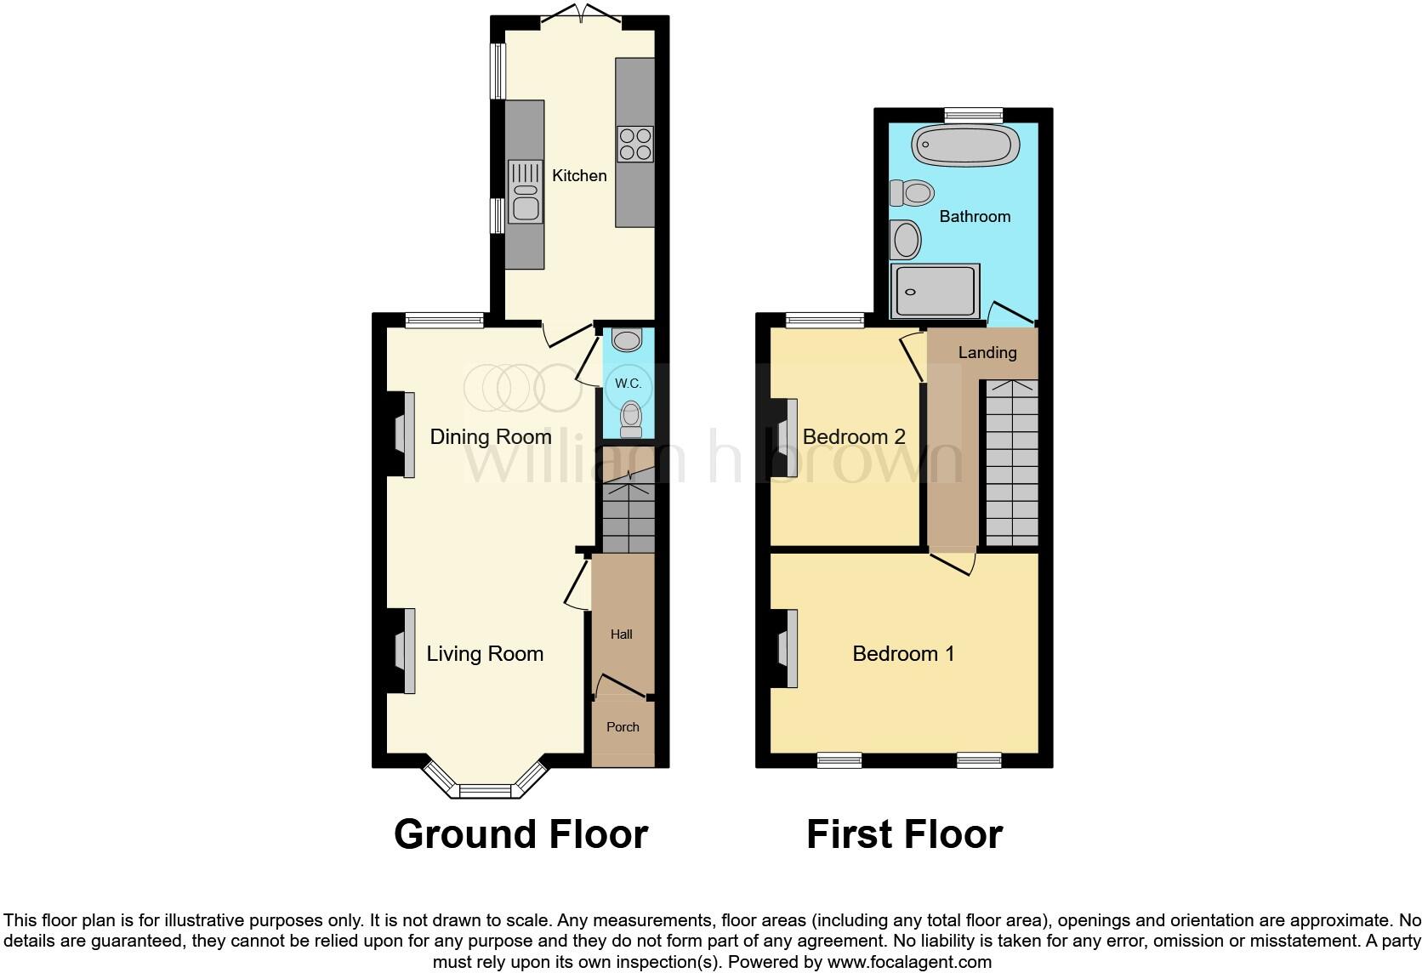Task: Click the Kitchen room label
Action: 579,176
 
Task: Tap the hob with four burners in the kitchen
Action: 635,143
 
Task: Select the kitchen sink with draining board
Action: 525,191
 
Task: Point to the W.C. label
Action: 628,384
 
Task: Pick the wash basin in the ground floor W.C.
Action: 628,340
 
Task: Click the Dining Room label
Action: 491,437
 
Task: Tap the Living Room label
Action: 485,654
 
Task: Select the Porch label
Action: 623,727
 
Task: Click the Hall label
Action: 622,634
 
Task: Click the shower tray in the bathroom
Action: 936,292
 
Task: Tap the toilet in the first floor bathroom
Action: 911,192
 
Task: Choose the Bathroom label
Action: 975,217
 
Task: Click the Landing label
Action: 987,353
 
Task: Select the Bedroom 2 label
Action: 854,437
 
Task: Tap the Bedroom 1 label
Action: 903,654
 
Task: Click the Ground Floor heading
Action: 520,834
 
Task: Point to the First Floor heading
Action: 904,834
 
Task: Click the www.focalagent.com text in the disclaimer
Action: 909,963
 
